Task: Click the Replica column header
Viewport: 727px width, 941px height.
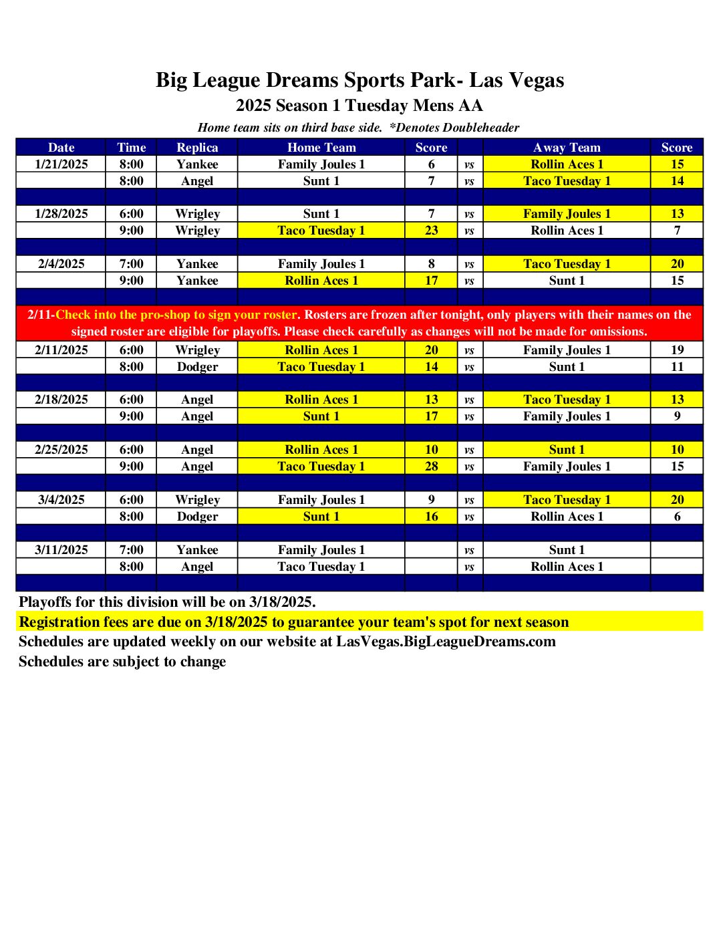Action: pyautogui.click(x=197, y=148)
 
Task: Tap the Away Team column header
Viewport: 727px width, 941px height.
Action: pyautogui.click(x=567, y=148)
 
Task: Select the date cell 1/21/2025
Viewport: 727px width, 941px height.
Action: pyautogui.click(x=61, y=164)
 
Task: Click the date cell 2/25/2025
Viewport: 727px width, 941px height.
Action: pyautogui.click(x=61, y=450)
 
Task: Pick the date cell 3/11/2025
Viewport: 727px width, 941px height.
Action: pyautogui.click(x=61, y=550)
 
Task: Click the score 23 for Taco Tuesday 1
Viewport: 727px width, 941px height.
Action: pyautogui.click(x=432, y=231)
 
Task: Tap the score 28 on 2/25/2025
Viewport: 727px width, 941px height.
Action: pyautogui.click(x=432, y=466)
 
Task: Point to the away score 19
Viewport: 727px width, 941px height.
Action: pyautogui.click(x=677, y=350)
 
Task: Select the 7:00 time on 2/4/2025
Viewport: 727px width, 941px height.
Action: pyautogui.click(x=131, y=264)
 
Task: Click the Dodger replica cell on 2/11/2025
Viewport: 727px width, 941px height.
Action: pyautogui.click(x=197, y=366)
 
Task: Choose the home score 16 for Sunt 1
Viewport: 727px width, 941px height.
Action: pyautogui.click(x=432, y=517)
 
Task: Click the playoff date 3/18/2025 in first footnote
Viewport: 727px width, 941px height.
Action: pyautogui.click(x=281, y=602)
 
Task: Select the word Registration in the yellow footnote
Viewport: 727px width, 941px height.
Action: pyautogui.click(x=59, y=622)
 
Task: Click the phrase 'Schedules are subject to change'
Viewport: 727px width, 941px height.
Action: pyautogui.click(x=122, y=662)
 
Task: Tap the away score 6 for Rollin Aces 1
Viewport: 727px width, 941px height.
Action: pyautogui.click(x=677, y=517)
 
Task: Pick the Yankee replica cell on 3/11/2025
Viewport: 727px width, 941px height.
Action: pyautogui.click(x=197, y=550)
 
